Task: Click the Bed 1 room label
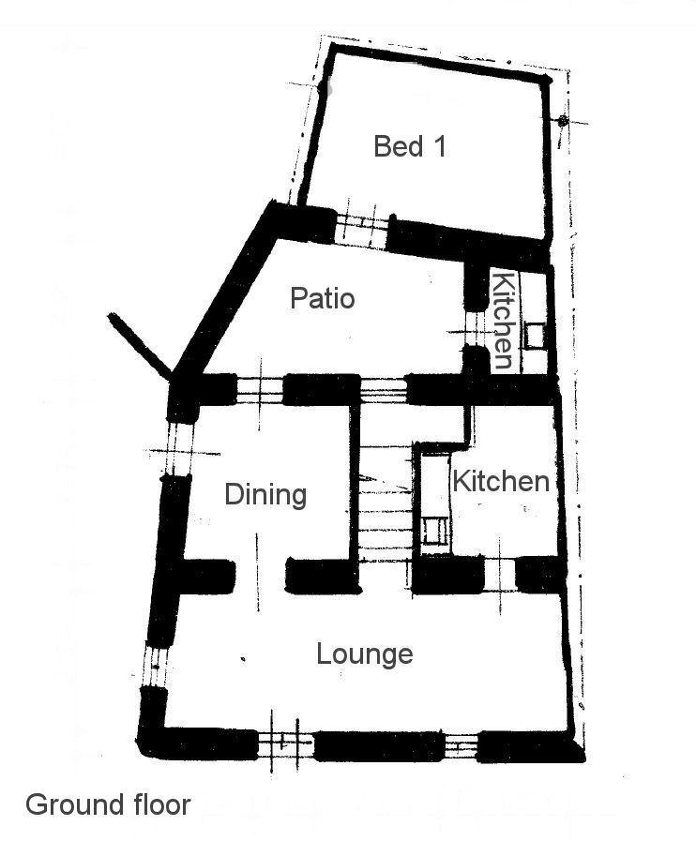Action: tap(410, 146)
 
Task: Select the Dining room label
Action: tap(265, 494)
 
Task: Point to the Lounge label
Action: tap(364, 654)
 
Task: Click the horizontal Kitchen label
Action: tap(501, 481)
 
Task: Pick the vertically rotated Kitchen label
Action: tap(504, 321)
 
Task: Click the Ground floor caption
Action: tap(108, 804)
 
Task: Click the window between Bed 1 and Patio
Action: tap(361, 232)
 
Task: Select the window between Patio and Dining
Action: tap(260, 390)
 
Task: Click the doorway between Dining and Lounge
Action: tap(260, 576)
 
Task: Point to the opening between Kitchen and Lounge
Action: tap(500, 575)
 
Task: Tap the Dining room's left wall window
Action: tap(179, 448)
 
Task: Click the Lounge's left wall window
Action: tap(156, 667)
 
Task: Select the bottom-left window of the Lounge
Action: tap(285, 743)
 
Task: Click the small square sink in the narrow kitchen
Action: tap(535, 337)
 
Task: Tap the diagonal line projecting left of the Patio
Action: tap(140, 344)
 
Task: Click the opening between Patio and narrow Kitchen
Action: tap(475, 329)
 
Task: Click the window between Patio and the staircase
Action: tap(383, 390)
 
